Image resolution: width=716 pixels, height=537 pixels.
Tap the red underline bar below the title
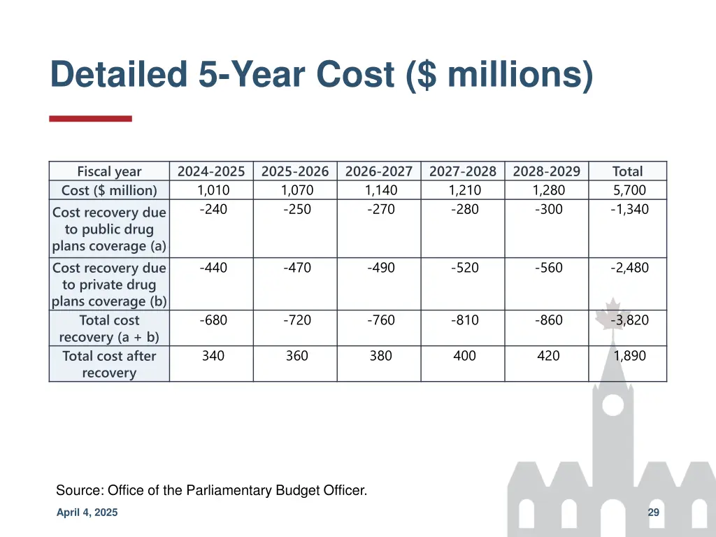tap(90, 119)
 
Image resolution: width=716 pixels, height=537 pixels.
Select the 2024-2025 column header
tap(211, 171)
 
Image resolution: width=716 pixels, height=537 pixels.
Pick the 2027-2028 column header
tap(463, 171)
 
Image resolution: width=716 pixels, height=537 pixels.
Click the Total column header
tap(627, 171)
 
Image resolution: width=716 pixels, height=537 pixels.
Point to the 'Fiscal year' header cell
tap(109, 171)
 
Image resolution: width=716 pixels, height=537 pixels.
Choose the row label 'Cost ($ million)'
tap(109, 190)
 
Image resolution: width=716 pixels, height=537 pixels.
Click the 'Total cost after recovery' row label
tap(109, 364)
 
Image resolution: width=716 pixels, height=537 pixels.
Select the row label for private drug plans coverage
tap(109, 285)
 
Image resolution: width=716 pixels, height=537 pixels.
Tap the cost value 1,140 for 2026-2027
tap(381, 190)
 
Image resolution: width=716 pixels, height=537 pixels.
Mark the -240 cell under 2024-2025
tap(213, 209)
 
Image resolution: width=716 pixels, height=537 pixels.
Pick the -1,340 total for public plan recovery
tap(629, 209)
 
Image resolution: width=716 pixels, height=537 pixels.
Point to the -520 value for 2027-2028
tap(465, 268)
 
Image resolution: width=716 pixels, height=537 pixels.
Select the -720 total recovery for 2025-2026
tap(297, 320)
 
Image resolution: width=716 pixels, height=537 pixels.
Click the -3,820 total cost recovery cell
tap(629, 320)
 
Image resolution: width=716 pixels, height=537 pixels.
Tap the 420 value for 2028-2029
tap(548, 356)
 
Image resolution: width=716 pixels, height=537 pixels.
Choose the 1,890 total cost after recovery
tap(629, 356)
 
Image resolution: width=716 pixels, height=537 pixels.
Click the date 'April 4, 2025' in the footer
tap(87, 513)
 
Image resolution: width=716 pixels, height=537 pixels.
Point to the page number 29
tap(654, 513)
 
